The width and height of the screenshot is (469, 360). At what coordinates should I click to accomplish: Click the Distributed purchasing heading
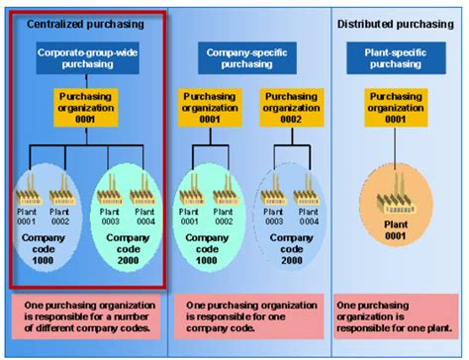pyautogui.click(x=396, y=23)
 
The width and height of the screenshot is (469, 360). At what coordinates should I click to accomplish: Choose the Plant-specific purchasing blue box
pyautogui.click(x=395, y=56)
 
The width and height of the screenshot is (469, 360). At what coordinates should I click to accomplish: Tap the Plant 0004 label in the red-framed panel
pyautogui.click(x=144, y=216)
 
